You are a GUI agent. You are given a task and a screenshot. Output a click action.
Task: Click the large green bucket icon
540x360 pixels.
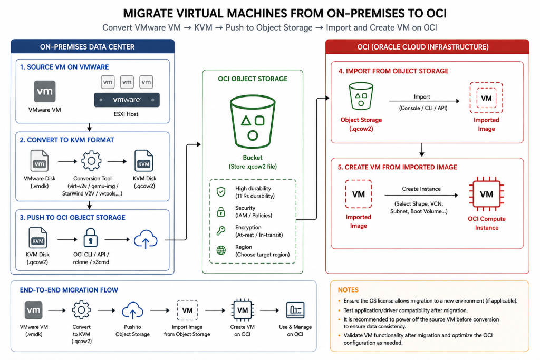[x=253, y=122]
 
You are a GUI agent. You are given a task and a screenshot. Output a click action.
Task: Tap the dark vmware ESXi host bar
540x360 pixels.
[x=127, y=100]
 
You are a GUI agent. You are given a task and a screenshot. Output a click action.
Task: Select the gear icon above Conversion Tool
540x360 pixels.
[x=91, y=160]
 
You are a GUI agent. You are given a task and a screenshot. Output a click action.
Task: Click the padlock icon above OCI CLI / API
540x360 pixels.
[x=91, y=238]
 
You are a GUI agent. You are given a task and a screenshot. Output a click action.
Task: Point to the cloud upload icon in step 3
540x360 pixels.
[x=146, y=239]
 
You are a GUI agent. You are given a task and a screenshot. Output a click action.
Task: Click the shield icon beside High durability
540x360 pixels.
[x=221, y=192]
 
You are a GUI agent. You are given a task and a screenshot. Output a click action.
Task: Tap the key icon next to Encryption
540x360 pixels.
[x=221, y=230]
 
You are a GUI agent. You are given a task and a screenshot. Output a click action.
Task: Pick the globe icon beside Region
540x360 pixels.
[x=221, y=250]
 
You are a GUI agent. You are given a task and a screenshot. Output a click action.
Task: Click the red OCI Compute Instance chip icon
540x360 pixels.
[x=486, y=194]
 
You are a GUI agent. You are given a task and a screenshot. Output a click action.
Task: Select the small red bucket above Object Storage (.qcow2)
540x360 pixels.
[x=361, y=96]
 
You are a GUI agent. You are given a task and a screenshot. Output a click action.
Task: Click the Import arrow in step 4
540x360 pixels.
[x=425, y=101]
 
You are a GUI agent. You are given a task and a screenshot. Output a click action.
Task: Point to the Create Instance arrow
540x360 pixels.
[x=421, y=195]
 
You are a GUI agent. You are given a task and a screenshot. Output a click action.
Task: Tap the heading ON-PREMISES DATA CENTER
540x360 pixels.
[x=87, y=47]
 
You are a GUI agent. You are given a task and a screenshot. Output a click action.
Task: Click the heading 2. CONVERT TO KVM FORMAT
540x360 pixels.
[x=67, y=140]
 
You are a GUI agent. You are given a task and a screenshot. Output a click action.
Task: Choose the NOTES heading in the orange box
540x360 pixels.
[x=348, y=290]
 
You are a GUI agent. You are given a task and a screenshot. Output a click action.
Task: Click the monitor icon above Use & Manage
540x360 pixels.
[x=295, y=310]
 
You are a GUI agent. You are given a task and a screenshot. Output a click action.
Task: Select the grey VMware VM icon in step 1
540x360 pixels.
[x=44, y=92]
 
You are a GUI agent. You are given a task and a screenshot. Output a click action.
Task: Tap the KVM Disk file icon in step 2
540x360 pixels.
[x=143, y=160]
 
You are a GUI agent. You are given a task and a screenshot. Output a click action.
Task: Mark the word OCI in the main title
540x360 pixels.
[x=436, y=13]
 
